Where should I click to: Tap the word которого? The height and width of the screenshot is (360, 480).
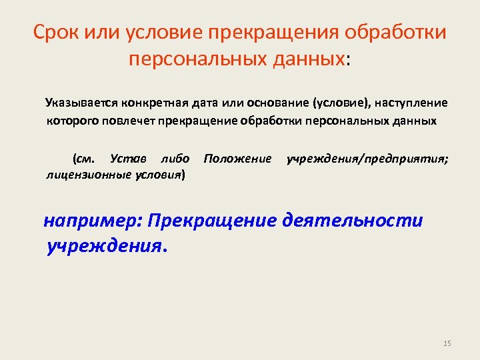pyautogui.click(x=69, y=121)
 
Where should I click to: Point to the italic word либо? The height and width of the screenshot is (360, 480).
pyautogui.click(x=175, y=159)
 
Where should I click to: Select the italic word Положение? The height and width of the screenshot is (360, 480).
pyautogui.click(x=237, y=159)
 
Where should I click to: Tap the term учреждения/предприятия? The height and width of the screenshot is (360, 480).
pyautogui.click(x=367, y=159)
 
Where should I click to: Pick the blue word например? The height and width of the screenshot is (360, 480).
pyautogui.click(x=93, y=221)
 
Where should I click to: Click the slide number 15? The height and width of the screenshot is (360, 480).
pyautogui.click(x=447, y=343)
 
